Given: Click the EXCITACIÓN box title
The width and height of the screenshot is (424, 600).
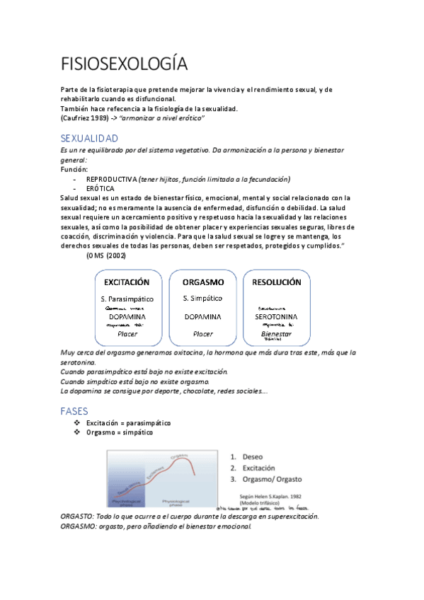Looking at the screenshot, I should click(x=127, y=282).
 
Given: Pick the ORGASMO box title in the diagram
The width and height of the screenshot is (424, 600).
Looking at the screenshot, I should click(x=202, y=282).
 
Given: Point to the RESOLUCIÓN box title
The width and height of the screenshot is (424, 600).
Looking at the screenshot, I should click(x=277, y=282).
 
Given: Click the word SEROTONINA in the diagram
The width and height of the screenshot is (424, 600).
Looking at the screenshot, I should click(x=277, y=316).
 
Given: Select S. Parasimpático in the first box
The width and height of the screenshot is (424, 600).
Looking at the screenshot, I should click(x=127, y=299).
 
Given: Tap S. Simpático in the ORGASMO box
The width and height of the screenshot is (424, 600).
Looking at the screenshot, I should click(x=202, y=299).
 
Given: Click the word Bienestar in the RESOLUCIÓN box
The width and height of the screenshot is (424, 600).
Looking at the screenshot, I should click(x=276, y=333).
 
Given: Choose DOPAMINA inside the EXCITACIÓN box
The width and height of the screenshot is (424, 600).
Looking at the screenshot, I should click(x=127, y=316).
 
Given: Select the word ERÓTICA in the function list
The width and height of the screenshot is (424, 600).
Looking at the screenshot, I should click(x=101, y=189).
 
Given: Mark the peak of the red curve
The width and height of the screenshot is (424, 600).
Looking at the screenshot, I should click(x=185, y=460).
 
